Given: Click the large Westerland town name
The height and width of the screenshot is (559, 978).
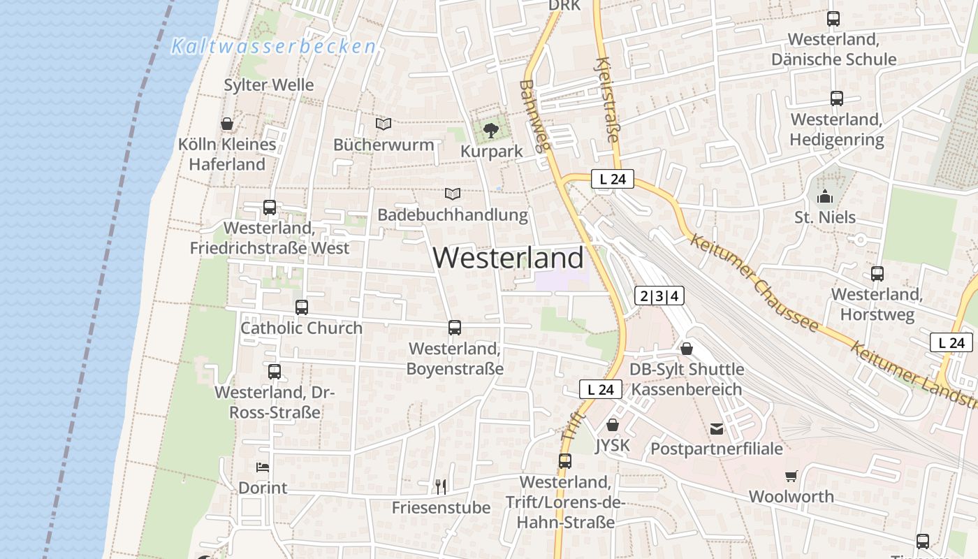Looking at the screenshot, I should click(508, 258).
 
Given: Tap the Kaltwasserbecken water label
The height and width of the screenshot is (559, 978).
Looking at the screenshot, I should click(274, 47).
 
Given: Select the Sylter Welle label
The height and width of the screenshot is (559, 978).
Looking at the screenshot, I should click(269, 85).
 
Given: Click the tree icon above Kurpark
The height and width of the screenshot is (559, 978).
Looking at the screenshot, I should click(491, 129).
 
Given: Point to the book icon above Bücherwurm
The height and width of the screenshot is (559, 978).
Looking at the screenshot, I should click(384, 124).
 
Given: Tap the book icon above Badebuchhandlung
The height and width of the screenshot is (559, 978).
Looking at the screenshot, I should click(453, 194).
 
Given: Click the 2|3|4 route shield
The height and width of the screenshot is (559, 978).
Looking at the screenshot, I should click(659, 296).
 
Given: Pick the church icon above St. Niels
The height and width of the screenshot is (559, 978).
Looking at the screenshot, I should click(825, 196).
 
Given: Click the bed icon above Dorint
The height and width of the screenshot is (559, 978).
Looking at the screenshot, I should click(263, 467).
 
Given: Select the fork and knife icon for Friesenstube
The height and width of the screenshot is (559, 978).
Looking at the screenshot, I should click(441, 486).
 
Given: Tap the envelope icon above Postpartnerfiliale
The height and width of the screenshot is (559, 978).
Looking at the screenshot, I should click(717, 428).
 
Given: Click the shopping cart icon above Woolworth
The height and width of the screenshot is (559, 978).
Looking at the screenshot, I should click(791, 476).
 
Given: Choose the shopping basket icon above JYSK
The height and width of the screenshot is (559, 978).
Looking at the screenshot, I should click(613, 425).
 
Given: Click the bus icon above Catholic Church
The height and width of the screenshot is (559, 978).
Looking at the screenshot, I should click(302, 307).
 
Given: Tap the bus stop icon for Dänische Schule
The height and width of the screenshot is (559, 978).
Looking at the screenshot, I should click(833, 19).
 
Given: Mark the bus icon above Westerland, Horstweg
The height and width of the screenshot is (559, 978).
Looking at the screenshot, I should click(877, 274).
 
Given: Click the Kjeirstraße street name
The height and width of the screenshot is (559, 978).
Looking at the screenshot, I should click(606, 99).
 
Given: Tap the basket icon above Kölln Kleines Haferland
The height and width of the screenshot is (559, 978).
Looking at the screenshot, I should click(227, 124).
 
